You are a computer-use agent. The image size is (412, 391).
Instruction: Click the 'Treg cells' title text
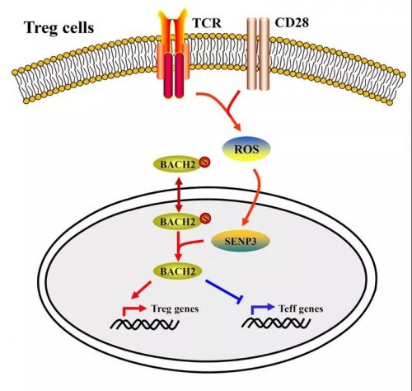59,28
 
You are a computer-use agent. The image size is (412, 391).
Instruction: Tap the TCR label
207,23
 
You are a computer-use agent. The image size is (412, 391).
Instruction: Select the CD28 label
292,22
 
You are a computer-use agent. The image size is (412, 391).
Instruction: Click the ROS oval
246,148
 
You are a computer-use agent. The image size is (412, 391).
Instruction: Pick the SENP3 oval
240,241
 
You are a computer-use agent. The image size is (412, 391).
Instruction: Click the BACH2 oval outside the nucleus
178,164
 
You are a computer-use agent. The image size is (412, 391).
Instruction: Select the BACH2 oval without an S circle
178,271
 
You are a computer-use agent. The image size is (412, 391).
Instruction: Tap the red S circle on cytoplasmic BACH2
204,163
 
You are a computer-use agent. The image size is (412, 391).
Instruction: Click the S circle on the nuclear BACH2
205,219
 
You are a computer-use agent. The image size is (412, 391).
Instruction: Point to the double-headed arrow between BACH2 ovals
179,194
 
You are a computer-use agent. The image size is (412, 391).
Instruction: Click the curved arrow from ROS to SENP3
255,196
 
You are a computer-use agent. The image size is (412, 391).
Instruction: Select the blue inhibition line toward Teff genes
224,291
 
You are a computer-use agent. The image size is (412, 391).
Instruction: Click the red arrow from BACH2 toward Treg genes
142,290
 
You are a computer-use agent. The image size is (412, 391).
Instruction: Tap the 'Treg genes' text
175,309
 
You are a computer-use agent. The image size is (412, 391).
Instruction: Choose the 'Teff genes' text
301,309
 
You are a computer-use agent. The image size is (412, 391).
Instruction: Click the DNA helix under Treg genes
145,324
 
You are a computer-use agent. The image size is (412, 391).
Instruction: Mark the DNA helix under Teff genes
276,323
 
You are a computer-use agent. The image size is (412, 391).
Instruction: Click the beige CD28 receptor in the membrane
258,54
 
